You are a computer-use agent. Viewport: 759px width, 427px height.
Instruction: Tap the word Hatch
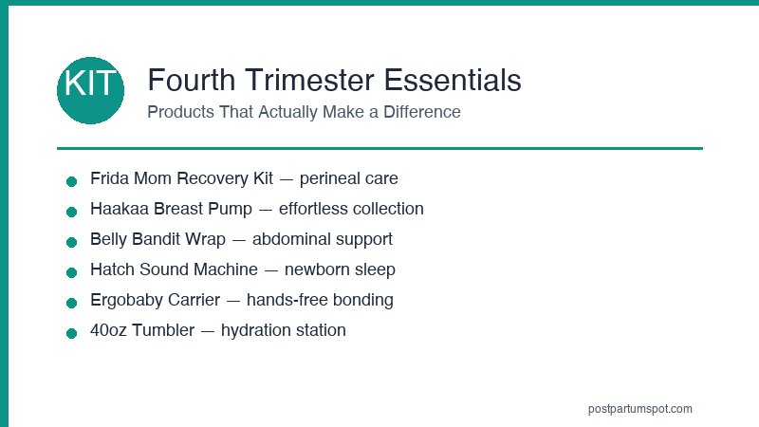pyautogui.click(x=112, y=269)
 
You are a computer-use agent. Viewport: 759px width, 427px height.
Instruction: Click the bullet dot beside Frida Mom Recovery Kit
pyautogui.click(x=71, y=181)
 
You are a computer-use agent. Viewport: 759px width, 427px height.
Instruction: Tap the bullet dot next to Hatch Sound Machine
pyautogui.click(x=71, y=272)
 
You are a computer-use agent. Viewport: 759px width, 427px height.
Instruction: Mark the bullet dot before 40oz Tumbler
pyautogui.click(x=71, y=333)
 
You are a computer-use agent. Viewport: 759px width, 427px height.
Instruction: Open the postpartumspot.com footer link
pyautogui.click(x=640, y=409)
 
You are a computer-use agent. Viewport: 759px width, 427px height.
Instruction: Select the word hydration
pyautogui.click(x=257, y=330)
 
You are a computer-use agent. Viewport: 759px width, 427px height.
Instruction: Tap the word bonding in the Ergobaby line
pyautogui.click(x=363, y=300)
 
